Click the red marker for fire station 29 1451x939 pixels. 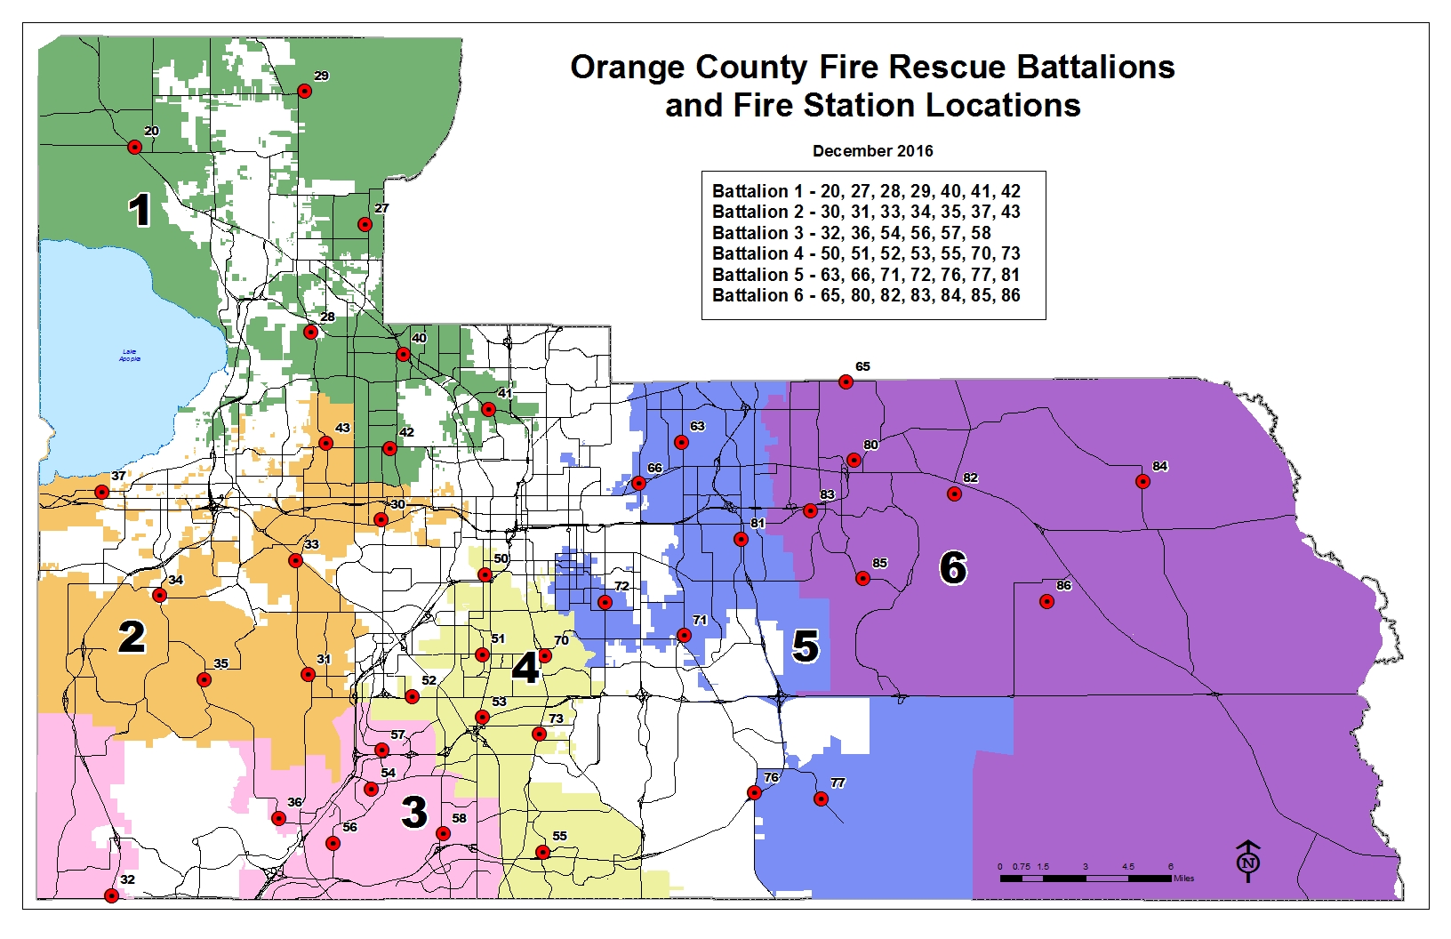[304, 91]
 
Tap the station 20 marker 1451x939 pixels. [135, 147]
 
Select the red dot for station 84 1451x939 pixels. [1142, 481]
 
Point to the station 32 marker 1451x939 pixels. [111, 895]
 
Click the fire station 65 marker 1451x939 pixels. [846, 381]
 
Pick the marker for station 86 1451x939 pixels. [1046, 601]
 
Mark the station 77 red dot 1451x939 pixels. [821, 799]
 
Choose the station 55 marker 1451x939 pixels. [542, 852]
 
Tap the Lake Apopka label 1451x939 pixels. [130, 356]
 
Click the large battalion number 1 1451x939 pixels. [140, 211]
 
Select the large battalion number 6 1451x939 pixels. [952, 567]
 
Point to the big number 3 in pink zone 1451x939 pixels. [414, 812]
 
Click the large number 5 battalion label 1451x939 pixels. [806, 646]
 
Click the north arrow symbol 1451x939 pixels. [1248, 861]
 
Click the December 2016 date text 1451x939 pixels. [872, 151]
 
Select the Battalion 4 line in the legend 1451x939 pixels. [866, 253]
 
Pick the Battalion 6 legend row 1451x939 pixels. [866, 295]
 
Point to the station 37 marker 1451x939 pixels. [102, 492]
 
